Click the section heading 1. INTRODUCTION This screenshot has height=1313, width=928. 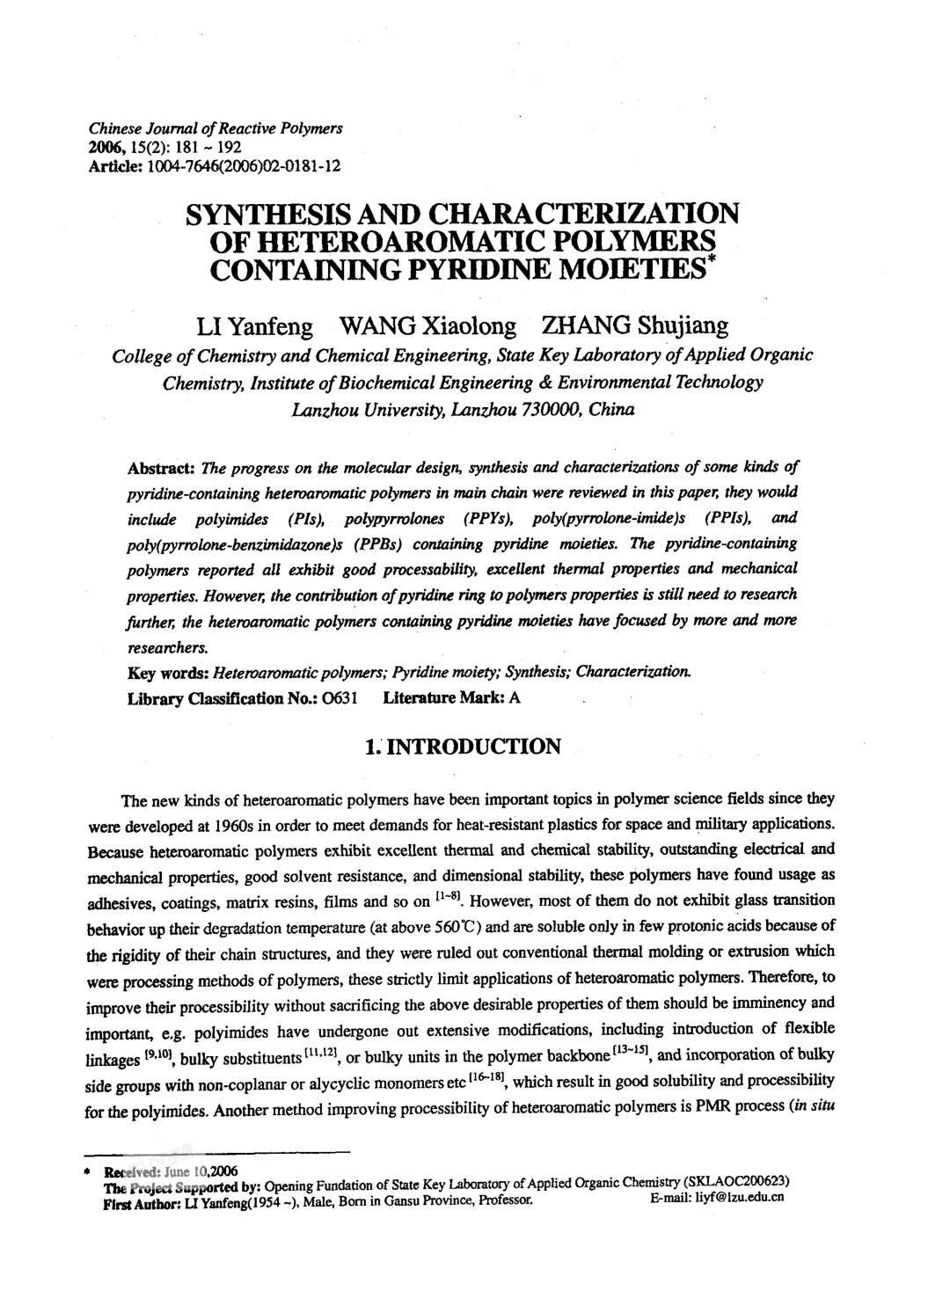[x=463, y=748]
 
